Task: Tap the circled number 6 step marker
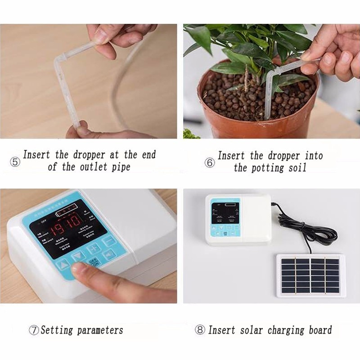coord(210,163)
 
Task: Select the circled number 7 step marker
coord(34,330)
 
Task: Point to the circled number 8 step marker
coord(200,330)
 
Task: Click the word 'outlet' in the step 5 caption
coord(92,167)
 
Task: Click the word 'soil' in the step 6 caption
coord(295,168)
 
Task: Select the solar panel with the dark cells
coord(310,275)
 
